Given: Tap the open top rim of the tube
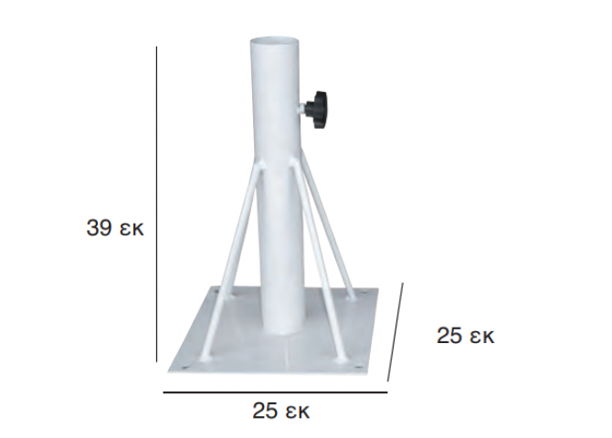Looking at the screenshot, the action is point(275,41).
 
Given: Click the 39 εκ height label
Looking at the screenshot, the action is point(115,228).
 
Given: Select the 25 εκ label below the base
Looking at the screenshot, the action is point(281,411).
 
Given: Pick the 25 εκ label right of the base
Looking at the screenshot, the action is point(465,336).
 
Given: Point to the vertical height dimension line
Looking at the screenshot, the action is point(156,204).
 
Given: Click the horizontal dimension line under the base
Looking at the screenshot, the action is point(275,392).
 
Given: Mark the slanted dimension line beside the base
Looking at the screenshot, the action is point(395,332).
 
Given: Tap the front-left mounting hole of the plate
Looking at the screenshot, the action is point(183,367).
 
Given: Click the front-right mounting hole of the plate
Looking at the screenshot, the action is point(358,367).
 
